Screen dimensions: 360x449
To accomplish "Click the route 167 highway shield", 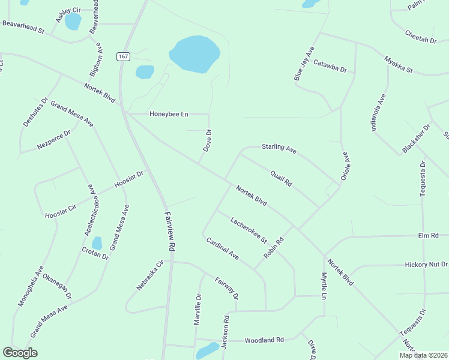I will coord(124,56).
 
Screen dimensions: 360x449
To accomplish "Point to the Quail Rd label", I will coord(280,178).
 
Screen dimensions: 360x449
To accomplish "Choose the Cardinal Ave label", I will coord(222,248).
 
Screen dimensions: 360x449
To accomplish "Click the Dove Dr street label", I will coord(207,140).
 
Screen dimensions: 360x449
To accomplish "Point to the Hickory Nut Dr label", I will coord(426,264).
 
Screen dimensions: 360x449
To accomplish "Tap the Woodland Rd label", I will coord(264,340).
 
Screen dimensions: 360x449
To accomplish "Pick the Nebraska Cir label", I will coord(150,275).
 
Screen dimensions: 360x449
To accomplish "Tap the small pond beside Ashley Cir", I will coord(73,22).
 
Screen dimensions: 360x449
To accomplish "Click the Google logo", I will coord(20,353).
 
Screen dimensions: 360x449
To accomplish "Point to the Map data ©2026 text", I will coord(423,355).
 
